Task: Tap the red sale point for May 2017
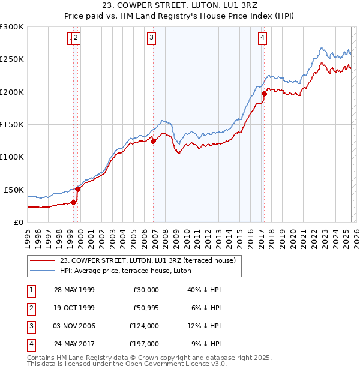click(x=264, y=93)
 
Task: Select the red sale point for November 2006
click(x=153, y=142)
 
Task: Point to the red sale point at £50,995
click(x=77, y=189)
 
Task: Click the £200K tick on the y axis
click(x=12, y=92)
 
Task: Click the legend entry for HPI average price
click(x=125, y=271)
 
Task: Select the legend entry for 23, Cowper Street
click(x=151, y=260)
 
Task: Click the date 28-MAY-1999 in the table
click(x=74, y=290)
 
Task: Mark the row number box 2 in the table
click(x=29, y=308)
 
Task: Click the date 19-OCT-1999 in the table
click(x=74, y=308)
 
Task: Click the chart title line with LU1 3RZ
click(x=180, y=7)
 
